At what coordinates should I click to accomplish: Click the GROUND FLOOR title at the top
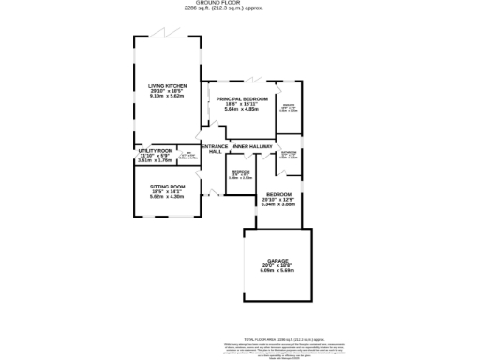240,4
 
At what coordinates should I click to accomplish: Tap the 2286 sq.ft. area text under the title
240,9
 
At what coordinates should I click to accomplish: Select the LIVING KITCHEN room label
168,86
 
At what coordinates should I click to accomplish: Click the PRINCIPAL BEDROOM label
242,99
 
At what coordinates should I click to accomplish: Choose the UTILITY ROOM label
156,151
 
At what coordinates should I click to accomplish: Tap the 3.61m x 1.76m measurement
156,160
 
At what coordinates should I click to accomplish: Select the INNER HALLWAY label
253,146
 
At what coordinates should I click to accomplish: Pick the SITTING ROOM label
168,187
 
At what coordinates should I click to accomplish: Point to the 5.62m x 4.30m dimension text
168,196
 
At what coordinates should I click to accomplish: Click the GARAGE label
277,261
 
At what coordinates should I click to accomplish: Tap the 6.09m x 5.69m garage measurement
277,271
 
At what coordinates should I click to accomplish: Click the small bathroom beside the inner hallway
289,155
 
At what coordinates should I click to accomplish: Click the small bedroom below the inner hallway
241,174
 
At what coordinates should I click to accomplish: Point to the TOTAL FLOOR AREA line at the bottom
284,338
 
